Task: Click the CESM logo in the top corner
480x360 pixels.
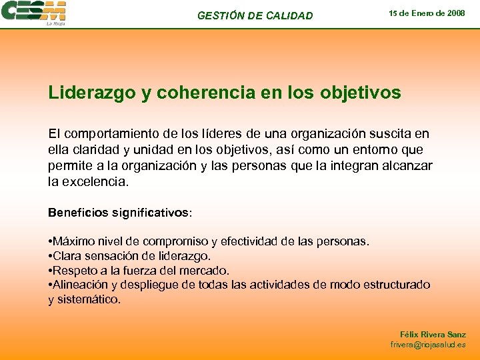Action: point(33,13)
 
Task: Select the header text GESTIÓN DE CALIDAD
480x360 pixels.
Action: point(255,16)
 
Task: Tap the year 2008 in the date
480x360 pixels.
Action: point(455,13)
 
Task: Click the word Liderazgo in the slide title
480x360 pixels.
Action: point(91,93)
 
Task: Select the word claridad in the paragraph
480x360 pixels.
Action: point(97,151)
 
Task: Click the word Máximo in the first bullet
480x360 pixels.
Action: point(74,241)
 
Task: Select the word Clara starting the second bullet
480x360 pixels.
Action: point(69,256)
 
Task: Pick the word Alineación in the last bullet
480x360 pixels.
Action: point(82,285)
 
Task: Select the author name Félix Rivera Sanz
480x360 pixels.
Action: point(433,335)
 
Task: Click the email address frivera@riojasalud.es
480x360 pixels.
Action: point(428,345)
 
